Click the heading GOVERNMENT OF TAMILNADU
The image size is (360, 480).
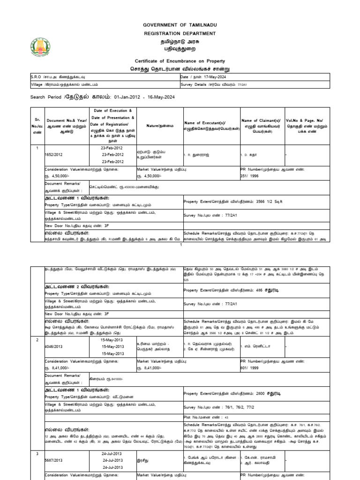tap(180, 25)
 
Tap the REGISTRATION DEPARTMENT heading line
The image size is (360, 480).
tap(180, 33)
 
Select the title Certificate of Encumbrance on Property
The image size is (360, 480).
tap(180, 61)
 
